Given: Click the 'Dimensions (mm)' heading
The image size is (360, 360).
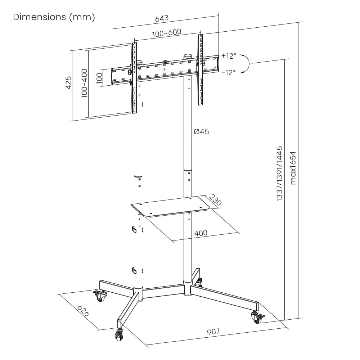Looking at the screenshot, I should (54, 17).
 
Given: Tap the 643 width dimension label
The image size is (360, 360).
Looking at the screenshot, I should (162, 18).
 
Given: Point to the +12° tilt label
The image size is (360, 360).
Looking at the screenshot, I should (229, 56).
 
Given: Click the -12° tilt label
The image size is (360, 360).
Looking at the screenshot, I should (229, 72).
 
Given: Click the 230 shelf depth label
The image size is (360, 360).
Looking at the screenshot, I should (215, 201).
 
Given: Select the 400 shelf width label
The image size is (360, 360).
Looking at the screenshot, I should (201, 233).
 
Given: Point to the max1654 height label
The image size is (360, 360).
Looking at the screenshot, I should (293, 168).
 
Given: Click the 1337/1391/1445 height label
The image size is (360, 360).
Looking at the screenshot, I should (280, 174).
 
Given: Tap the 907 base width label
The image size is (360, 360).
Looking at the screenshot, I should (213, 332).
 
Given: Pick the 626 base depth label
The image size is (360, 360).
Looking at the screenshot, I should (83, 311).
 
